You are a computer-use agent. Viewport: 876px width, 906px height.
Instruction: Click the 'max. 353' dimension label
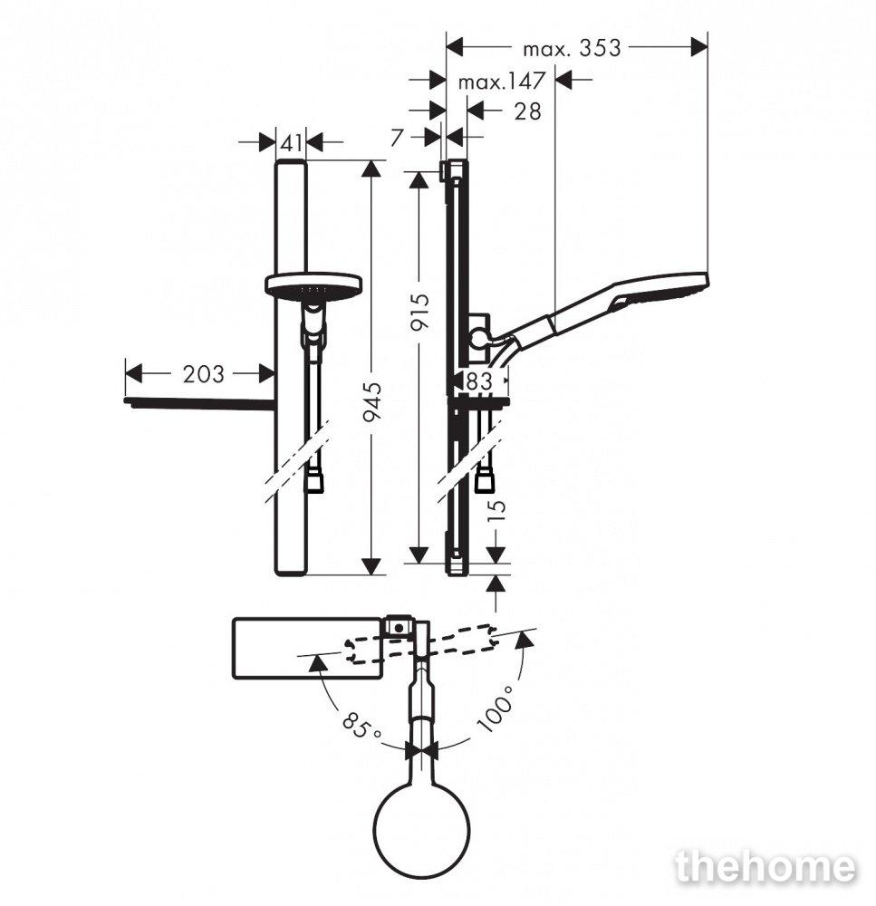(x=572, y=48)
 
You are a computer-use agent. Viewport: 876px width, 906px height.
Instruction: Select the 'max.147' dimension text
(x=502, y=82)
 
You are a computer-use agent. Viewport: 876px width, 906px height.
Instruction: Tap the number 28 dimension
(x=527, y=111)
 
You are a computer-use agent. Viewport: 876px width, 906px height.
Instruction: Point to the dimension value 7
(x=397, y=138)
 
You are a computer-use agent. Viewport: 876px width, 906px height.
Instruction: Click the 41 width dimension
(x=291, y=142)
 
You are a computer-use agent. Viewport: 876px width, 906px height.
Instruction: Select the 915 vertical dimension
(x=420, y=312)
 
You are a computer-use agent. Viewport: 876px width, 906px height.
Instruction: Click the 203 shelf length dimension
(x=204, y=374)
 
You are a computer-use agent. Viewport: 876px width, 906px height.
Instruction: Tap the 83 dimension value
(x=479, y=381)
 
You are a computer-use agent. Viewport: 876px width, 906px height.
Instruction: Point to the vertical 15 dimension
(x=496, y=509)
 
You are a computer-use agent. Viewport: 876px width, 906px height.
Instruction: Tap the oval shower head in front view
(x=313, y=286)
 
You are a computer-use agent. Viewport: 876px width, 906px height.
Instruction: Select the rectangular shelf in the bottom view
(x=307, y=648)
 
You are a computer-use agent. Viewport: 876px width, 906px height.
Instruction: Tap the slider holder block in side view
(x=479, y=341)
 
